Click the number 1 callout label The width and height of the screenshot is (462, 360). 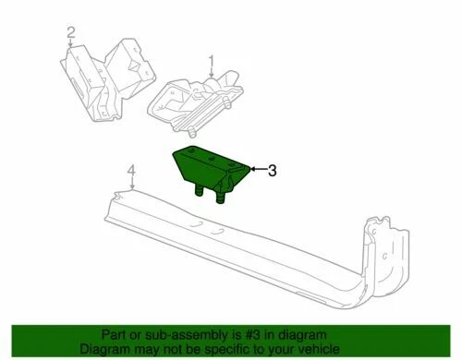click(x=211, y=62)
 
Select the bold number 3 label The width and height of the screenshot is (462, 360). click(x=273, y=170)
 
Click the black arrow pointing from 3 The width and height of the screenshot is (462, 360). click(x=256, y=170)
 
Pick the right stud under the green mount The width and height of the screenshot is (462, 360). click(x=222, y=196)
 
